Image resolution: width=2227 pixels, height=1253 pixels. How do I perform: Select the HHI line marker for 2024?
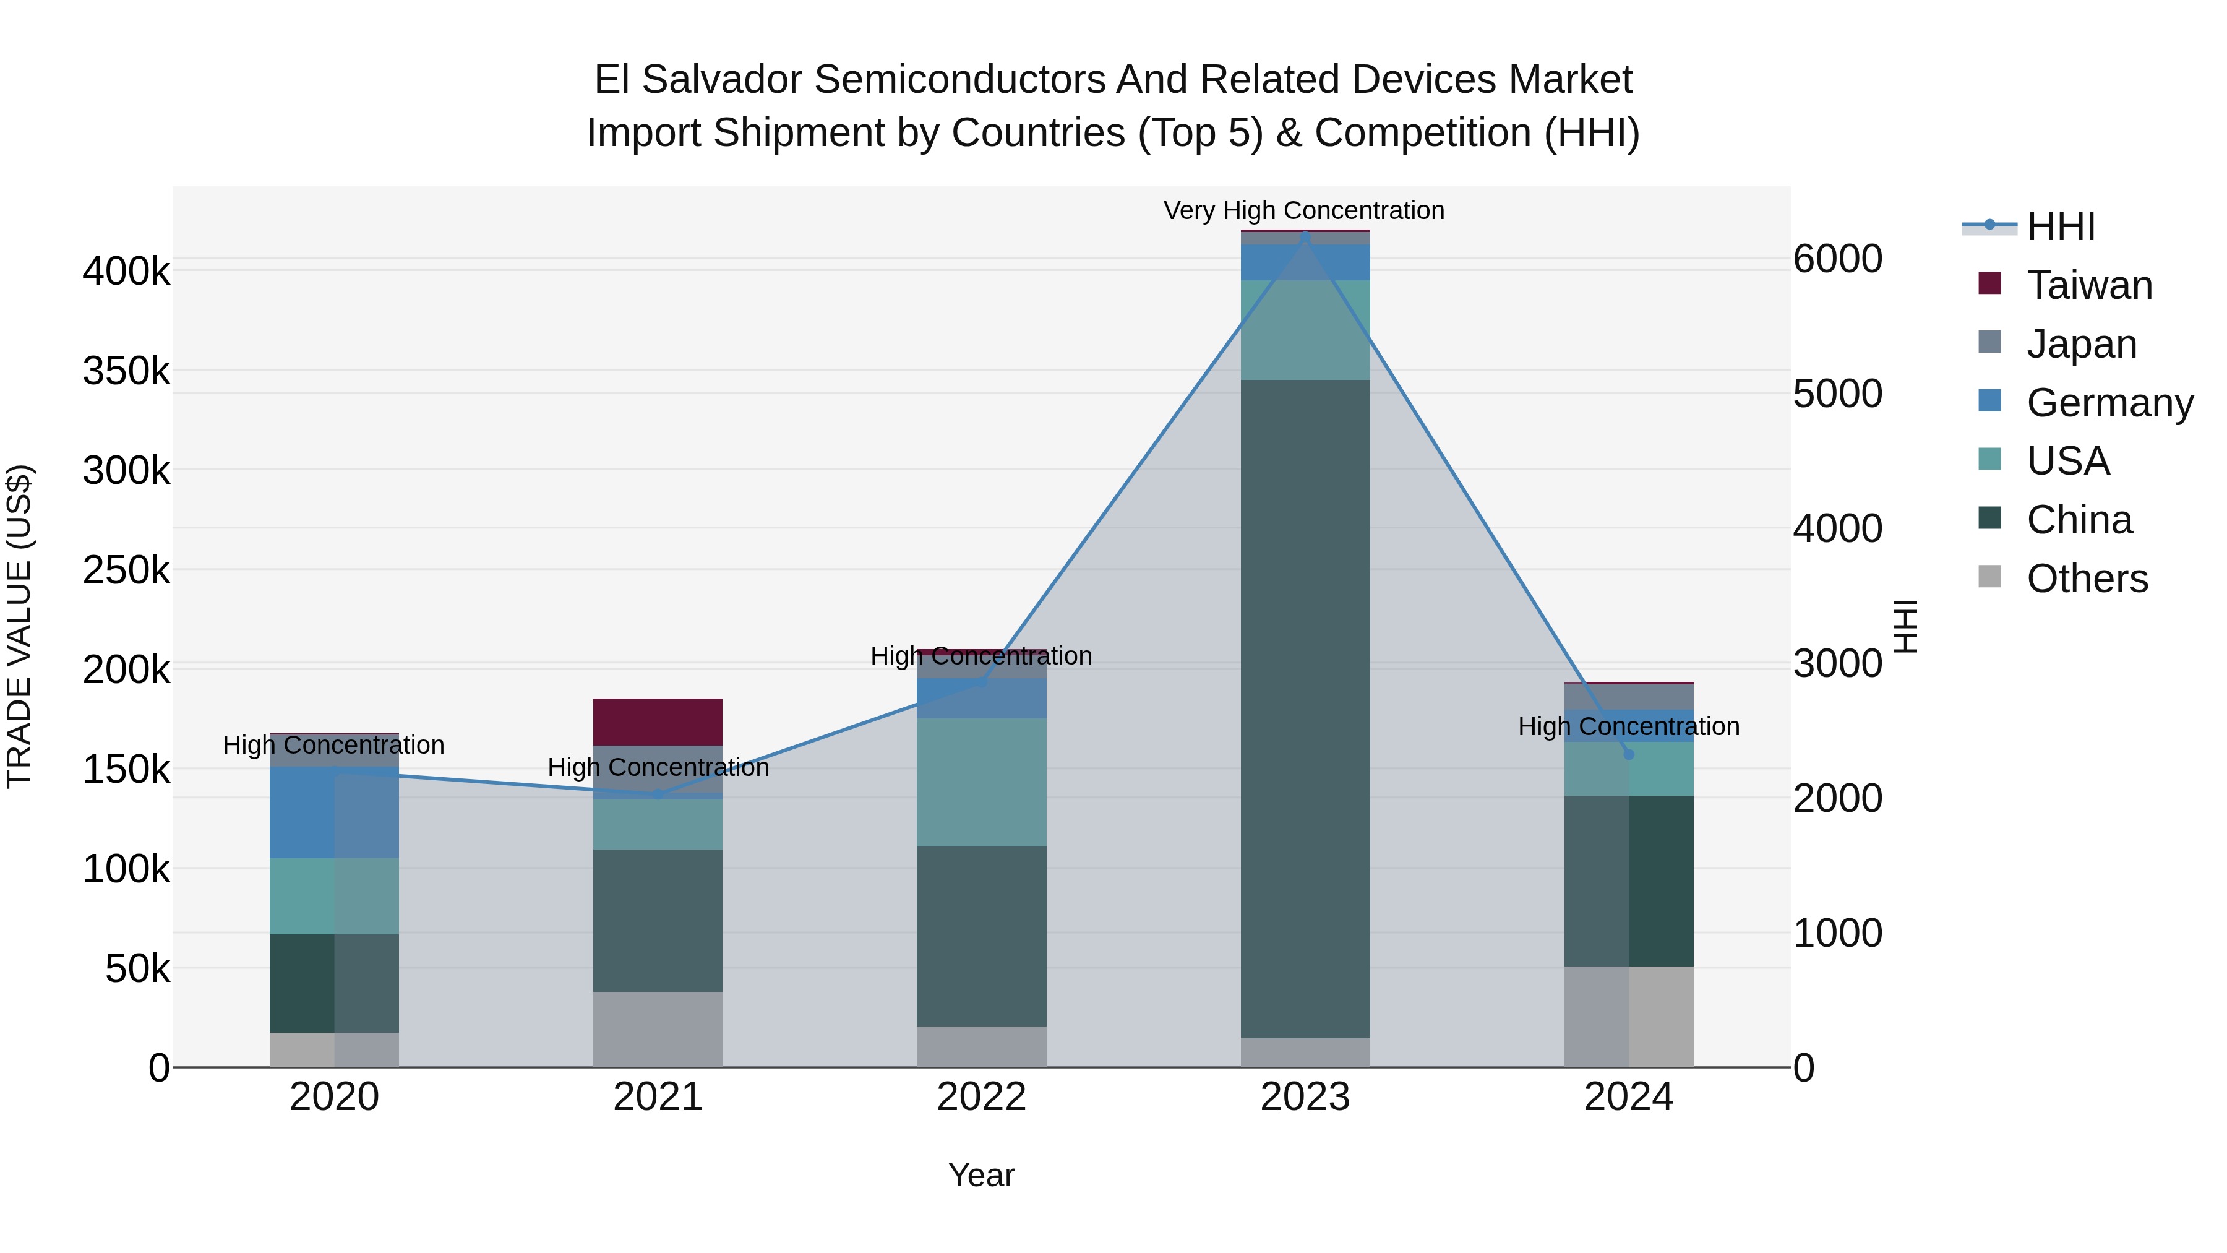point(1629,754)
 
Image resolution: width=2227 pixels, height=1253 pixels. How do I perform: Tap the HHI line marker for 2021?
point(658,794)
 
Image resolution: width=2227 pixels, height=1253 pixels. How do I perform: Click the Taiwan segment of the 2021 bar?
point(658,722)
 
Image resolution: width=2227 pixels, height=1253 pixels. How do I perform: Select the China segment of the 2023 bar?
point(1305,709)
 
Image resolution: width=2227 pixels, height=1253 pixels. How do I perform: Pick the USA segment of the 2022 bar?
point(981,783)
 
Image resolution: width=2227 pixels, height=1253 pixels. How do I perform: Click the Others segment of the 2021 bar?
point(658,1029)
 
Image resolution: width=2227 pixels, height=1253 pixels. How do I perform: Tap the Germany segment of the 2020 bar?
point(335,813)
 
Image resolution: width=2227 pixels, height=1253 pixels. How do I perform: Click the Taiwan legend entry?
point(2088,285)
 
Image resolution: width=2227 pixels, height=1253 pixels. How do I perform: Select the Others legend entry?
point(2086,579)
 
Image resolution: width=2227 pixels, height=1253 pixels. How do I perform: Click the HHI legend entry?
point(2059,226)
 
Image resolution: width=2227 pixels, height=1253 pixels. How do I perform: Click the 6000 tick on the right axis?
point(1838,259)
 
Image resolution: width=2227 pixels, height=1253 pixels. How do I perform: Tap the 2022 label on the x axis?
point(981,1097)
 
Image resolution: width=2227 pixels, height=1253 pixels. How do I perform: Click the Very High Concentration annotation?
point(1303,210)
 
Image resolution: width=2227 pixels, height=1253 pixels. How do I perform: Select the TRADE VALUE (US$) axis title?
point(19,626)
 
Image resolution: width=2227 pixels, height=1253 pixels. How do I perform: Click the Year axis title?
point(981,1175)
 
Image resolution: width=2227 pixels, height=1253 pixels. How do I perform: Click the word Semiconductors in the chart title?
point(959,80)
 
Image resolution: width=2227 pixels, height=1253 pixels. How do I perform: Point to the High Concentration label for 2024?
point(1629,726)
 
